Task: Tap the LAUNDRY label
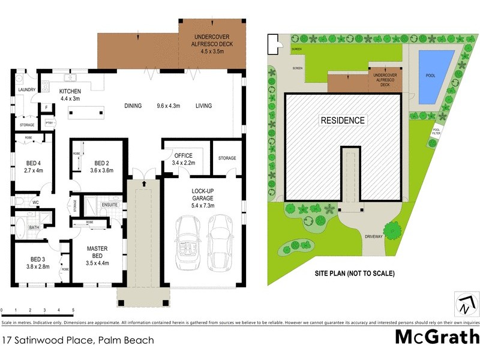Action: coord(26,90)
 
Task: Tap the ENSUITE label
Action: coord(110,205)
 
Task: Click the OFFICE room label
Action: coord(184,155)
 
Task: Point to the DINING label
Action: coord(133,106)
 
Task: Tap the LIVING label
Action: coord(203,106)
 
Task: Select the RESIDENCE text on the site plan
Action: coord(343,121)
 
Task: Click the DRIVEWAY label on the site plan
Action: coord(373,237)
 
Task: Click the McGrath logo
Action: coord(437,337)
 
